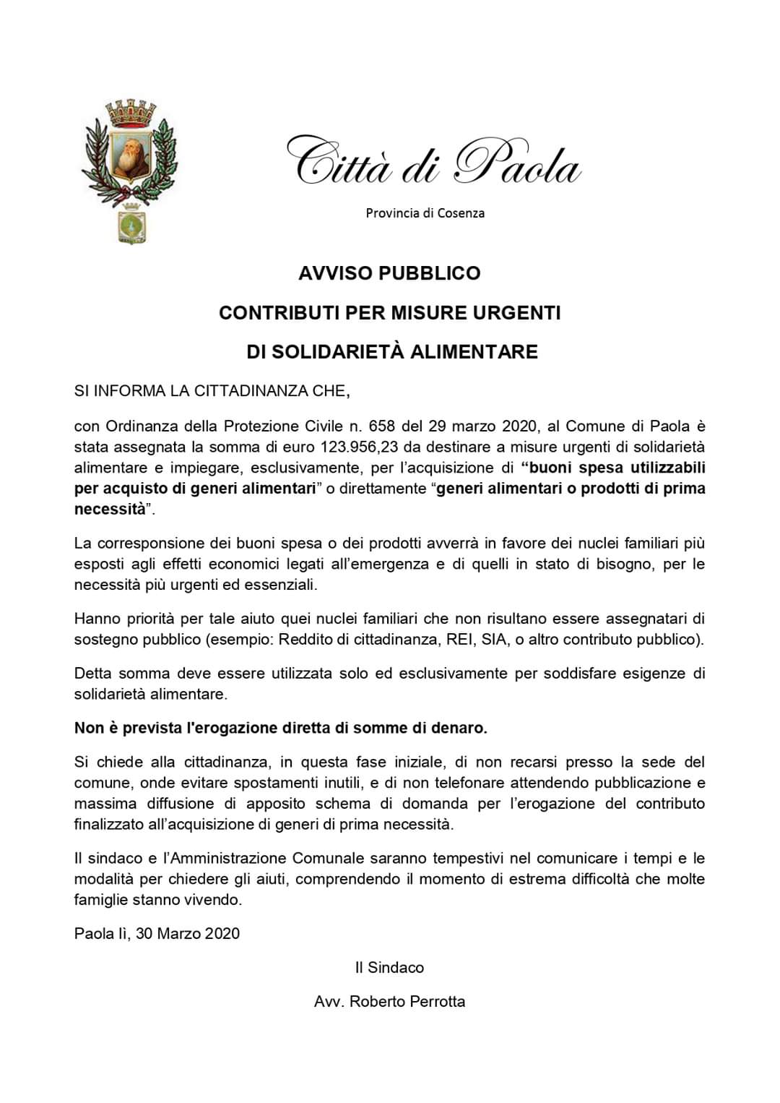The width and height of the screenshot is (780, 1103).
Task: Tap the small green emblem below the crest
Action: coord(131,223)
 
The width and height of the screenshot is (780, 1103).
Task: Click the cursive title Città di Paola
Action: coord(433,160)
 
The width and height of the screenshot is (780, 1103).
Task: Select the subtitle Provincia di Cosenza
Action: coord(425,213)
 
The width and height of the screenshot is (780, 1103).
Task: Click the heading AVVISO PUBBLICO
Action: coord(389,273)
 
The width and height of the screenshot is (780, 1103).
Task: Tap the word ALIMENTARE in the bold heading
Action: coord(475,352)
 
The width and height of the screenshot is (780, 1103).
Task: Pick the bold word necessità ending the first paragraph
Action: coord(110,509)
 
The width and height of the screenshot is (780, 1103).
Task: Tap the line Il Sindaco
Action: coord(389,968)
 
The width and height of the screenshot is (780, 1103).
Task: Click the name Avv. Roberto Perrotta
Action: coord(389,1002)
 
